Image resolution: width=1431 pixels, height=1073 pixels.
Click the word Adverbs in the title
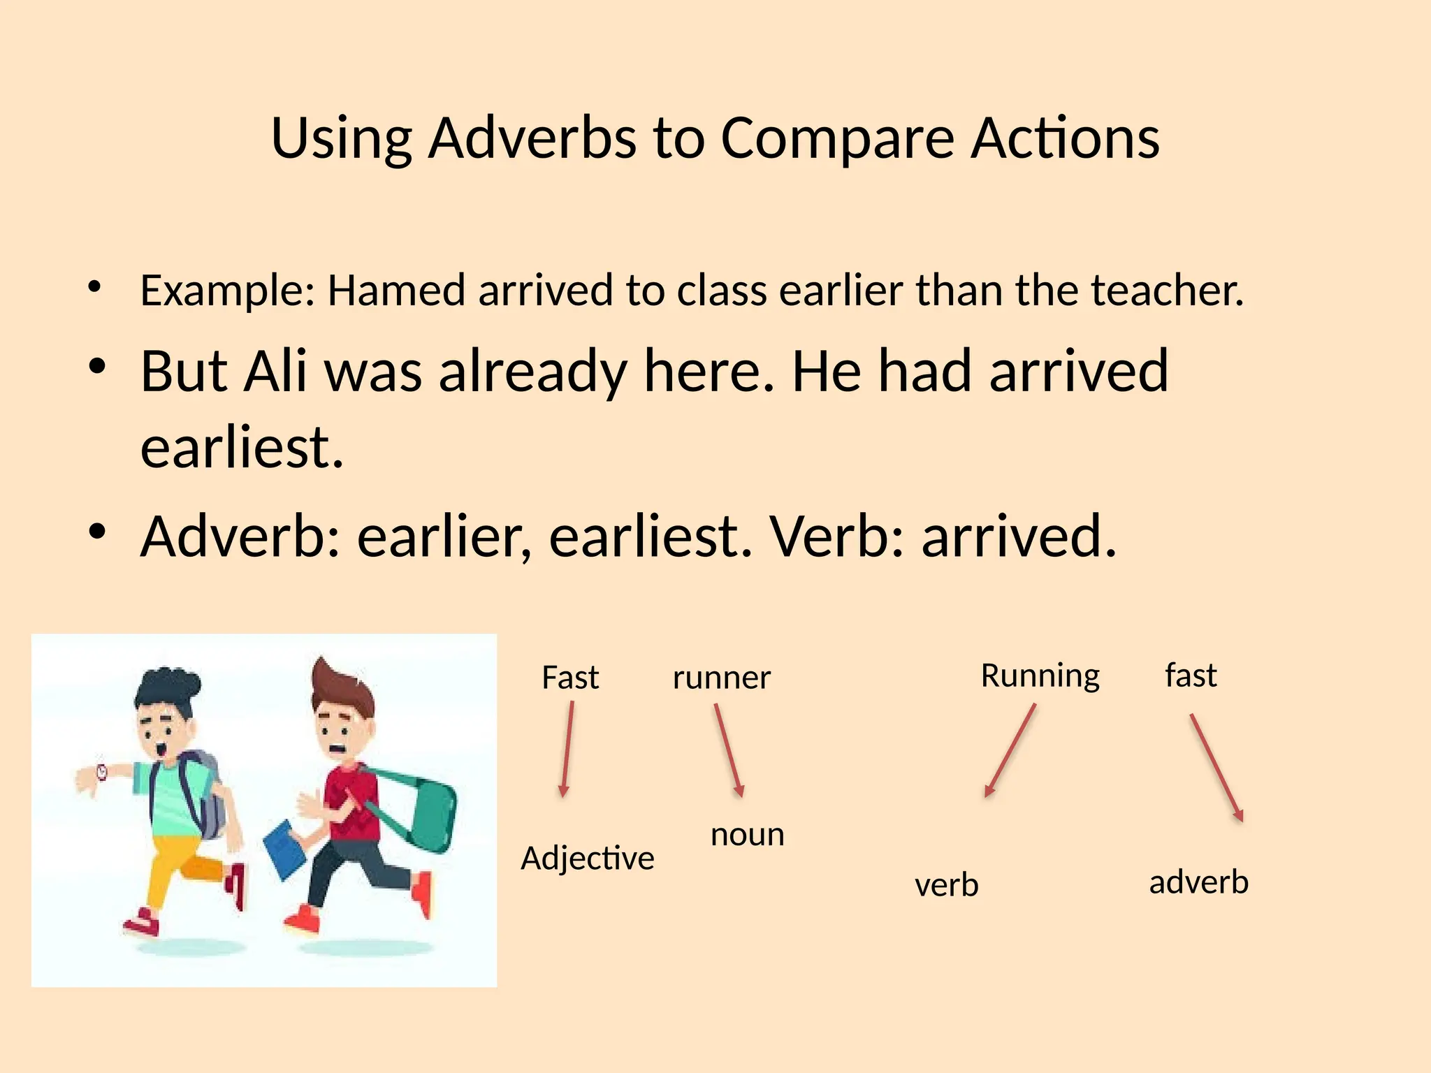coord(532,138)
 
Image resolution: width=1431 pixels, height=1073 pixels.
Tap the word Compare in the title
coord(837,139)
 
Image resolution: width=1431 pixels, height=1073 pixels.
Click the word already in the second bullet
coord(532,372)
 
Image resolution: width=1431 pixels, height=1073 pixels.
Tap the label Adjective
coord(587,859)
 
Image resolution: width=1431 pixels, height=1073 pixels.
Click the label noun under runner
coord(747,835)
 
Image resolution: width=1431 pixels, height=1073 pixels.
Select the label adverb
coord(1198,882)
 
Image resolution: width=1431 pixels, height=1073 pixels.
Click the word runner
coord(721,678)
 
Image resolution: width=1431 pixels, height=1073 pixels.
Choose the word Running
coord(1040,676)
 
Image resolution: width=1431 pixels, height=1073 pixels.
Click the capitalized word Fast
coord(570,678)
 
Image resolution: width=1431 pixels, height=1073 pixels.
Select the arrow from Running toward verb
coord(1010,751)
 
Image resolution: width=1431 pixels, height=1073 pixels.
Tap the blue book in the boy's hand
coord(284,848)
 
